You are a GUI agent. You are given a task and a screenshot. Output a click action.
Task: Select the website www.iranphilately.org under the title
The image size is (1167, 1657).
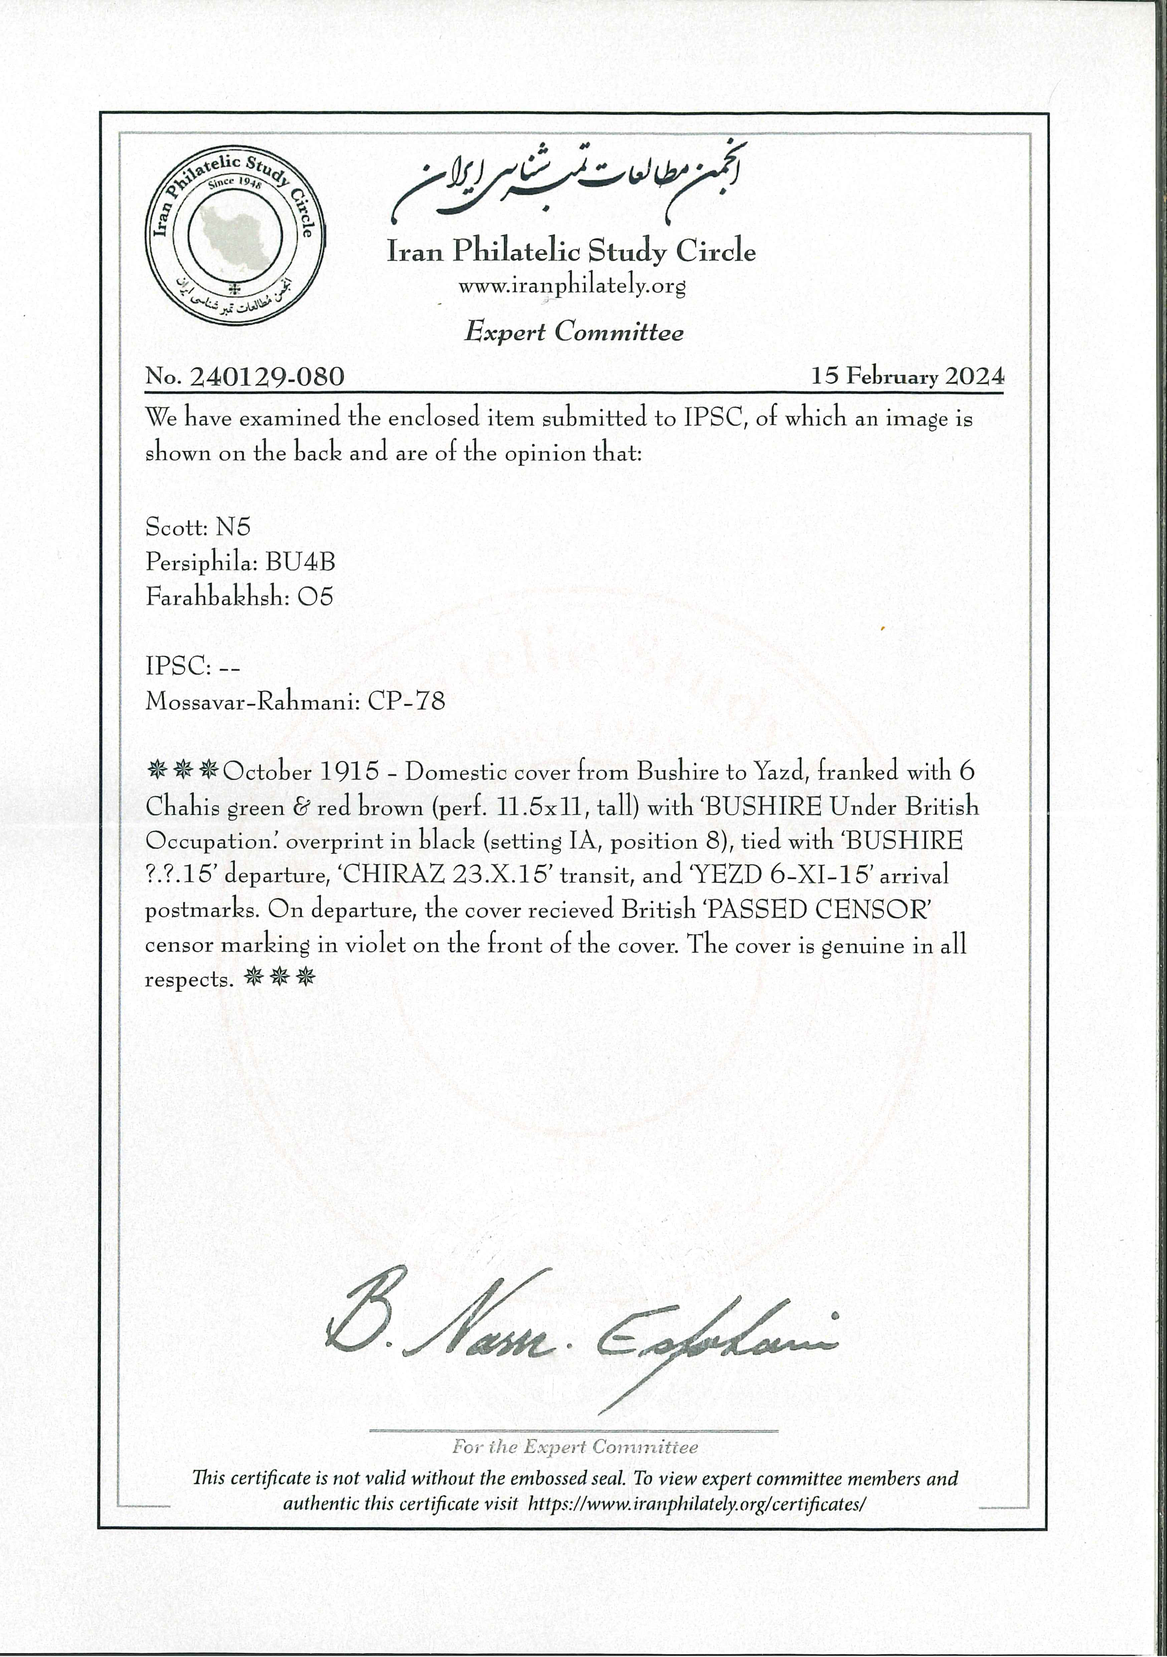571,286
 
